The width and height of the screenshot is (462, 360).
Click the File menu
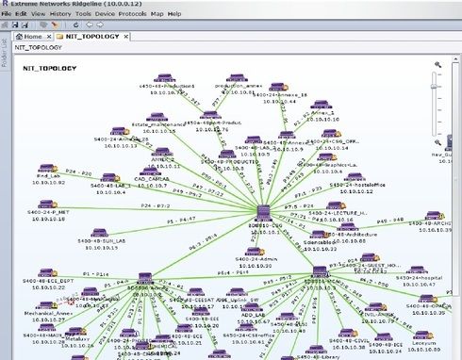tap(8, 15)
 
